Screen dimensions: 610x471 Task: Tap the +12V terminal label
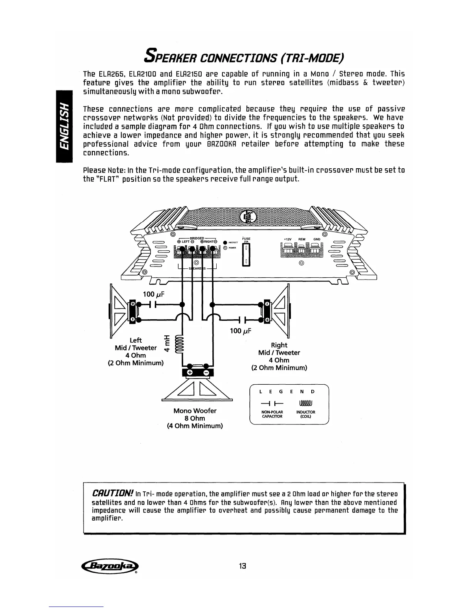(x=287, y=239)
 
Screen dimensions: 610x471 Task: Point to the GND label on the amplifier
(x=317, y=239)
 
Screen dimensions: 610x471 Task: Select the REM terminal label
(x=302, y=239)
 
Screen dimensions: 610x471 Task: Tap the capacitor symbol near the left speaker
(x=154, y=304)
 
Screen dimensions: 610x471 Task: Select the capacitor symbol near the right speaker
(x=242, y=320)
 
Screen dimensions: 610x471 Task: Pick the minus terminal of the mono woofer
(x=206, y=373)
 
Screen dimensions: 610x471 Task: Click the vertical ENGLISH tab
(x=64, y=126)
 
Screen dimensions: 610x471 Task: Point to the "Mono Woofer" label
(x=195, y=411)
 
